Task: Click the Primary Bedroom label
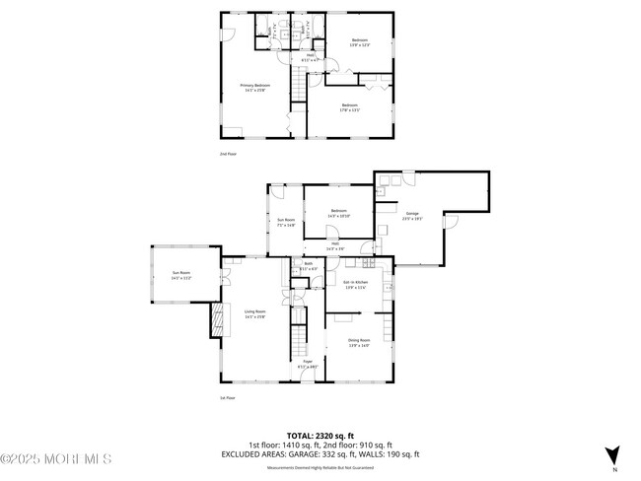point(255,88)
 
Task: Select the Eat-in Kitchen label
point(354,286)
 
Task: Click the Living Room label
point(255,314)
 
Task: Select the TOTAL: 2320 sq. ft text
point(320,435)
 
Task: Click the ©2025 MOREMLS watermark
point(57,459)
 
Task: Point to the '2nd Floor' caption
point(228,154)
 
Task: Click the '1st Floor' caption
point(227,398)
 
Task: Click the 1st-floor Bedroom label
point(338,213)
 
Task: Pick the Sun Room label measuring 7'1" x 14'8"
point(285,223)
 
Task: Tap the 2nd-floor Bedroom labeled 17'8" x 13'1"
point(350,107)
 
